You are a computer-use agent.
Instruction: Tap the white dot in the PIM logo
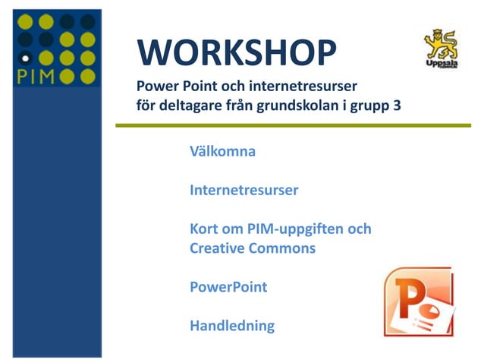tap(24, 57)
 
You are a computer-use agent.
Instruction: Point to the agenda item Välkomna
tap(222, 151)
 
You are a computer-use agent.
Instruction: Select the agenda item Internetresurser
tap(244, 190)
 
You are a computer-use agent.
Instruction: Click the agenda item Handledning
tap(232, 327)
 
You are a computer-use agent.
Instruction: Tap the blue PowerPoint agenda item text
tap(228, 288)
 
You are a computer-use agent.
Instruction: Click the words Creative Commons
tap(253, 248)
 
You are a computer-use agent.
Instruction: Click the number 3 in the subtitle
tap(397, 106)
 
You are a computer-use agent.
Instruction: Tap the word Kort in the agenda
tap(204, 229)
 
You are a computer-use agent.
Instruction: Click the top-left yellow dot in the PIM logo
tap(25, 21)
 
